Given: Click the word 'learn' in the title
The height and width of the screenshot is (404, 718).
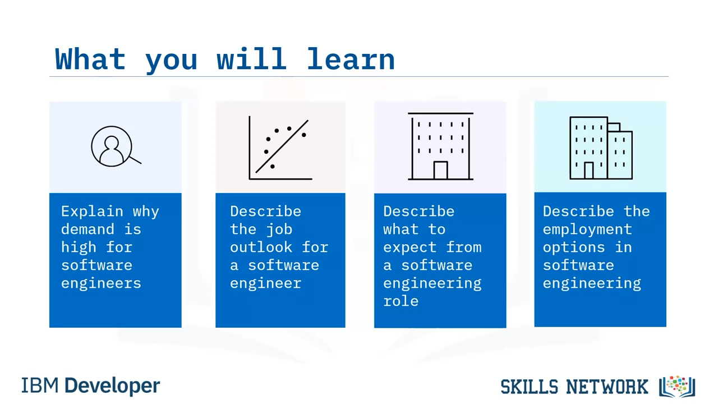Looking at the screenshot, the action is (351, 59).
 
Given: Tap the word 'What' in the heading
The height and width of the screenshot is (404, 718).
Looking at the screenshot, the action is (90, 59).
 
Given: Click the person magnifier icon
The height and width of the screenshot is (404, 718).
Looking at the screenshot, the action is (116, 146).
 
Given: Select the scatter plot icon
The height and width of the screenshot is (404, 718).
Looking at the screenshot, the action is (280, 148).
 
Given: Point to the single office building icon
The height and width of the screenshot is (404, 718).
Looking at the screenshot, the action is (440, 146).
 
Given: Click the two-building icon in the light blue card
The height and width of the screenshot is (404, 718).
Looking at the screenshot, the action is (601, 148).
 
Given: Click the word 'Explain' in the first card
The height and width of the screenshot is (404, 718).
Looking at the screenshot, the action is (93, 212).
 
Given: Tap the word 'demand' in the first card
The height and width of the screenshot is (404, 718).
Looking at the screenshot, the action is (88, 229).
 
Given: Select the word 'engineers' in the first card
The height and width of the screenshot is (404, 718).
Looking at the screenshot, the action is (101, 283).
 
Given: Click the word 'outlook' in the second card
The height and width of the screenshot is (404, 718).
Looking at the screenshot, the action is (261, 247).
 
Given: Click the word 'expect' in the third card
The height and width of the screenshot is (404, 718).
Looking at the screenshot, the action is (409, 248).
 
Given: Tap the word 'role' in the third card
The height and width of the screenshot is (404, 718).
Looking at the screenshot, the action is (401, 301).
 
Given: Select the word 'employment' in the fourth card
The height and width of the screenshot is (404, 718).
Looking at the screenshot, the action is (587, 230).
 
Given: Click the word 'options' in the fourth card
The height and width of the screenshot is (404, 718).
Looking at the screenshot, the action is (574, 248).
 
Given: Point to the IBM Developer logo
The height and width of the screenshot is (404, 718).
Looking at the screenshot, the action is (90, 385).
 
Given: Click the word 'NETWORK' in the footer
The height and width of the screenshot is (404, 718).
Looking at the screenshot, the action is (607, 387).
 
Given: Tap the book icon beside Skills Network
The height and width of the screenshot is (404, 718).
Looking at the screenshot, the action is (677, 387).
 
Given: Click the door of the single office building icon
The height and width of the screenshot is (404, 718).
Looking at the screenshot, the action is (440, 170).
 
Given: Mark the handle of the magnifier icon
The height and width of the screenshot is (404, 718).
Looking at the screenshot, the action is (135, 160).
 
